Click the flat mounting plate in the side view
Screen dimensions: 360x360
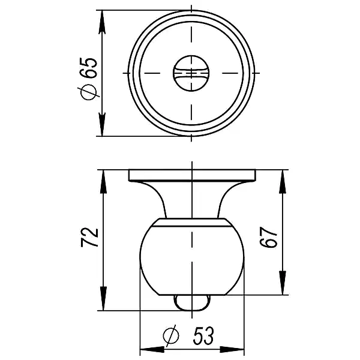[192, 175]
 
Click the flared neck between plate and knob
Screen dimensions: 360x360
[192, 201]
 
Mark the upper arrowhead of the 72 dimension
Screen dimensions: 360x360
[103, 179]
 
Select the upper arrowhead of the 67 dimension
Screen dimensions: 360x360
[281, 179]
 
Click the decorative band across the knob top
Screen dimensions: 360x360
[192, 224]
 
